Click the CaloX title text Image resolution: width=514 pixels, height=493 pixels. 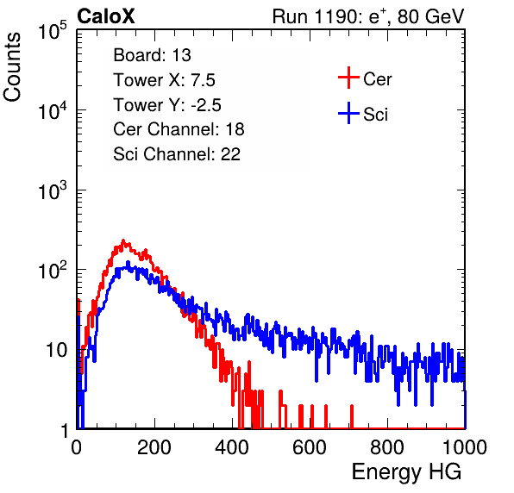coord(106,16)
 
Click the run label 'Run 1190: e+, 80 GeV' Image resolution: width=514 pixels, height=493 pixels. coord(368,16)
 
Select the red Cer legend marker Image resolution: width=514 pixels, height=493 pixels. coord(348,78)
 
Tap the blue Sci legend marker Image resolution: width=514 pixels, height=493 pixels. coord(348,113)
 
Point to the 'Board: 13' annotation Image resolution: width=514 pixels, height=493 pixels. coord(152,55)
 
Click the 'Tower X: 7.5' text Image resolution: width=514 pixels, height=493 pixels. coord(164,80)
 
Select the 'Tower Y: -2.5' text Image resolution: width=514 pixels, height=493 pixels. coord(167,105)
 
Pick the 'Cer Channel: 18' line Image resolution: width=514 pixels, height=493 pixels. coord(179,129)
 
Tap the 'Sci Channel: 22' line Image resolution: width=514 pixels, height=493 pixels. coord(177,154)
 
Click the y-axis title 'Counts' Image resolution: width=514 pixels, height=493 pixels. coord(12,67)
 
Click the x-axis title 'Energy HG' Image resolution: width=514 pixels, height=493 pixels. coord(406,472)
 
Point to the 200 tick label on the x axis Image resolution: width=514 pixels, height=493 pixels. coord(154,447)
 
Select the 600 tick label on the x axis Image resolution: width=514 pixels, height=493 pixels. coord(310,447)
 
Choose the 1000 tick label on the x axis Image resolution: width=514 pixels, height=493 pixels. coord(465,447)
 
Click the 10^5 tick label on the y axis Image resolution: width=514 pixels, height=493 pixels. coord(53,30)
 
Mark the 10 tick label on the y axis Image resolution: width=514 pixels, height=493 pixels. coord(56,351)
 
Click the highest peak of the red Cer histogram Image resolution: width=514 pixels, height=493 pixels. coord(123,240)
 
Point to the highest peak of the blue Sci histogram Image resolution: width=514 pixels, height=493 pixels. coord(128,262)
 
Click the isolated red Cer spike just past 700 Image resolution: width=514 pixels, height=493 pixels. coord(352,416)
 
